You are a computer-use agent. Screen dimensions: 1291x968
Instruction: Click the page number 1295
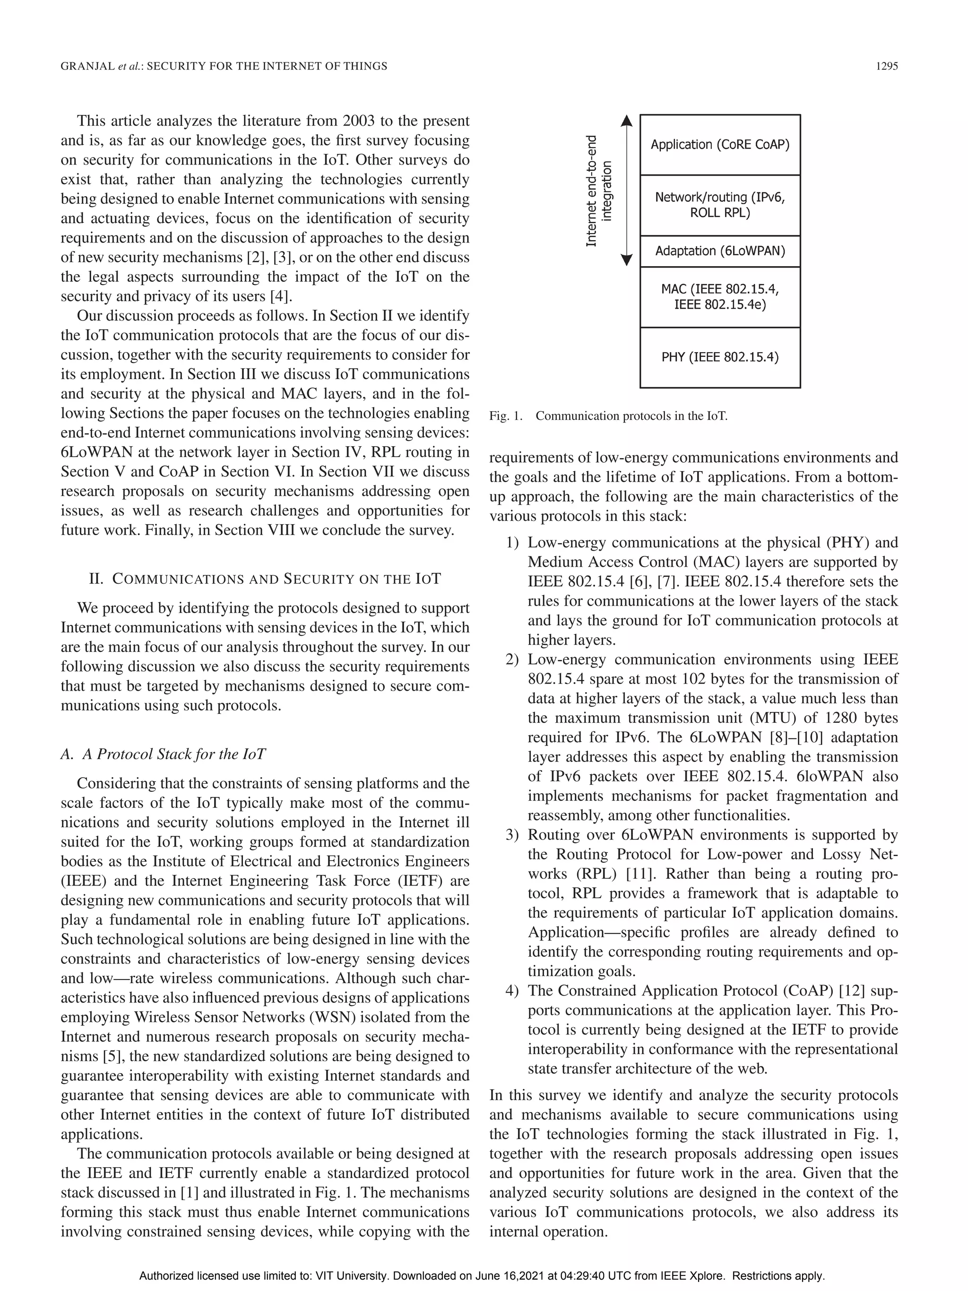coord(886,67)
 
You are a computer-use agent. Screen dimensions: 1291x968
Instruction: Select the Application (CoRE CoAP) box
coord(719,145)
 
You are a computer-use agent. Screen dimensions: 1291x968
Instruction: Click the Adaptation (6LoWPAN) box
coord(719,251)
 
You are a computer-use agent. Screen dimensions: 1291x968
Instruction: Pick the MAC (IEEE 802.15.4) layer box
coord(719,296)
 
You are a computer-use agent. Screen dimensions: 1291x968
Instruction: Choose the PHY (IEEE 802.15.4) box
coord(719,357)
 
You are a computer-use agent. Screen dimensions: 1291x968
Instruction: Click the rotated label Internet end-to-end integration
coord(599,191)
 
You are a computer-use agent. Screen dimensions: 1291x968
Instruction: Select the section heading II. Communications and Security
coord(265,579)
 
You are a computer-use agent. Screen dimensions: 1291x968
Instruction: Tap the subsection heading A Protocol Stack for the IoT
coord(164,754)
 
